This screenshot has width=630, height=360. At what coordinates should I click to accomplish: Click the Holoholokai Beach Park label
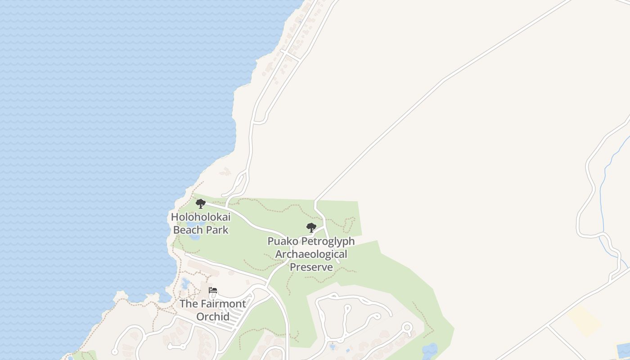[201, 223]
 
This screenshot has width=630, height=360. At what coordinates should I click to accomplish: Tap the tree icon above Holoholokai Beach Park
[201, 204]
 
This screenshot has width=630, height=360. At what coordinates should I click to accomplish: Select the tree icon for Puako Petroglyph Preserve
[311, 227]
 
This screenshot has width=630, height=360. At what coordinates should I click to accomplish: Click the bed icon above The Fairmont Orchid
[213, 290]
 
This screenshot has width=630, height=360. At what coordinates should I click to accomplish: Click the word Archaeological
[311, 254]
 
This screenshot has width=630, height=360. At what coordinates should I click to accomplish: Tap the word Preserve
[311, 267]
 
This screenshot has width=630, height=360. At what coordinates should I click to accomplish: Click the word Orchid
[213, 316]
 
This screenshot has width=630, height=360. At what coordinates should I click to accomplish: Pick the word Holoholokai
[201, 217]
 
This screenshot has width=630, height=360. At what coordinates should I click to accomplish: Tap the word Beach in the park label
[188, 230]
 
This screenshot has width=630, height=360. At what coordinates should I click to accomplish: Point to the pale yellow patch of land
[584, 321]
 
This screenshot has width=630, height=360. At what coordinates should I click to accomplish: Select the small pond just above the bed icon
[185, 283]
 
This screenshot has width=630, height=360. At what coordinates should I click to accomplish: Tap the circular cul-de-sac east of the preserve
[407, 327]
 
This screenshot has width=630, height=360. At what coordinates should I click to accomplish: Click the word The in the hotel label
[189, 304]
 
